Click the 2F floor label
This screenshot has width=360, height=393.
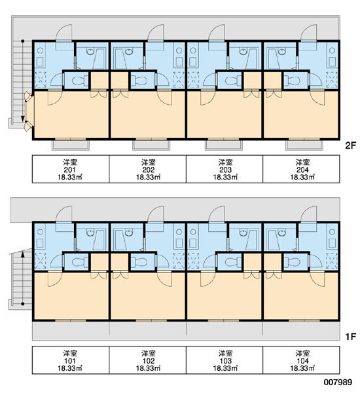point(350,145)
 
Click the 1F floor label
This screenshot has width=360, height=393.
point(350,337)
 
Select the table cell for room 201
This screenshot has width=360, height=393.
point(71,169)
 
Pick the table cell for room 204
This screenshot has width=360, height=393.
point(301,169)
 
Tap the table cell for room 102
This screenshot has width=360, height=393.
point(148,360)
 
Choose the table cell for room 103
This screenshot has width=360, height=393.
point(225,360)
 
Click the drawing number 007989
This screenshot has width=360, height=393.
point(338,383)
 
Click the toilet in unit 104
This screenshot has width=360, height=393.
point(293,262)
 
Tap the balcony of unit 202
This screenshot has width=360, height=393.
point(151,145)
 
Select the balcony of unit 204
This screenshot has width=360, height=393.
point(304,145)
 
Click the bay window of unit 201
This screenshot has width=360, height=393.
point(29,111)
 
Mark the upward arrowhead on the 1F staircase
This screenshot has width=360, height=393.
point(22,255)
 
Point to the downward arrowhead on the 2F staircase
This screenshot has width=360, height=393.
point(22,119)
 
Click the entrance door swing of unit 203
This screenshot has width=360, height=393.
point(217,33)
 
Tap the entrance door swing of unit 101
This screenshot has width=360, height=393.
point(64,214)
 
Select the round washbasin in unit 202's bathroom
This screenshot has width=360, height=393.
point(129,52)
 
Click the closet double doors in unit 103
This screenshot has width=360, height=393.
point(251,275)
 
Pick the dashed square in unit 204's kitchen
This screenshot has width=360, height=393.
point(332,80)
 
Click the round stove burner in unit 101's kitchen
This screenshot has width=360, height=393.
point(40,232)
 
